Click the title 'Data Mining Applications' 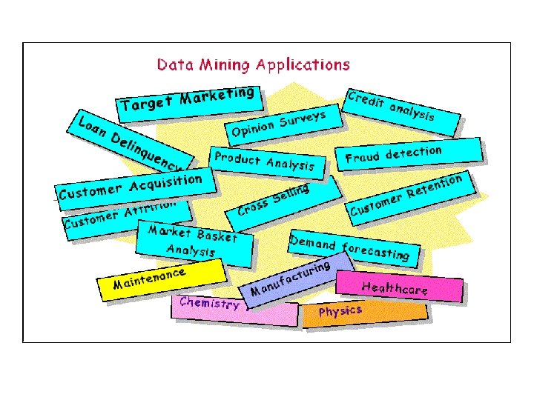(x=253, y=64)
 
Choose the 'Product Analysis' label (x=263, y=161)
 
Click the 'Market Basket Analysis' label (x=193, y=241)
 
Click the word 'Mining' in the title (x=222, y=64)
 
